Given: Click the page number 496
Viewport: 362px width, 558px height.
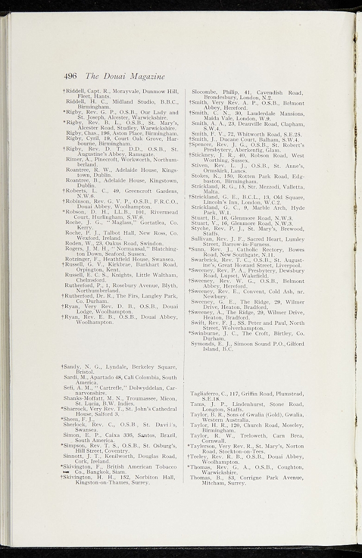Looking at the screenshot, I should [72, 76].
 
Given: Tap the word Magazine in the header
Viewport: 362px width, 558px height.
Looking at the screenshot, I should [144, 76].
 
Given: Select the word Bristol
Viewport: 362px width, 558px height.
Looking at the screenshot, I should [86, 372].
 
